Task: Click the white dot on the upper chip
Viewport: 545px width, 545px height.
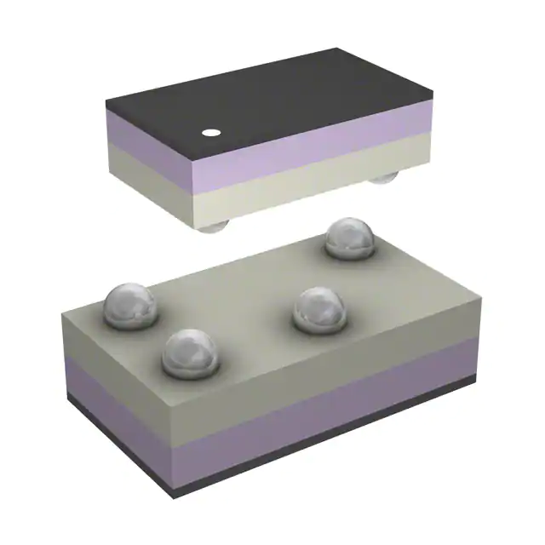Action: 209,133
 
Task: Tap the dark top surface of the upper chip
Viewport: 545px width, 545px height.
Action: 281,98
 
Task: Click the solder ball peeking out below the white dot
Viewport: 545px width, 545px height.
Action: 212,225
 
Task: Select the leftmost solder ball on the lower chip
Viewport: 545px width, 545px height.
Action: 129,305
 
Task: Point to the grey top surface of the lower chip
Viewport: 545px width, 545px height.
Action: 255,290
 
